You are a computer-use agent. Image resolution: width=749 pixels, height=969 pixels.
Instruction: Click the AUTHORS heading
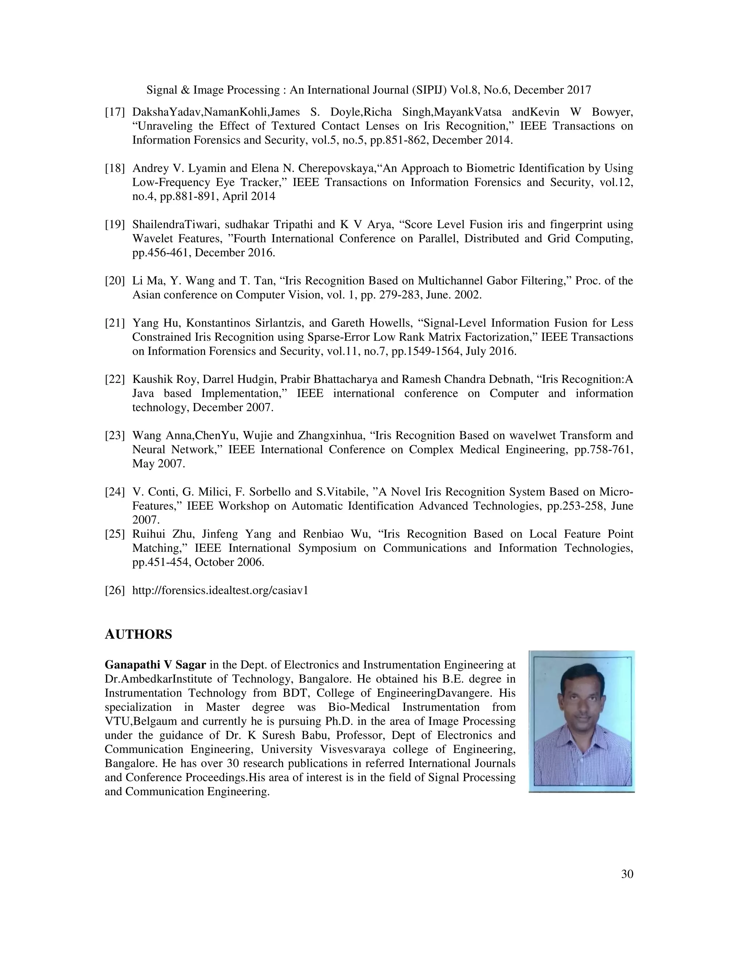pyautogui.click(x=138, y=634)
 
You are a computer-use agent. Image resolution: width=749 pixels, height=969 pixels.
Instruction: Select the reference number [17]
pyautogui.click(x=114, y=112)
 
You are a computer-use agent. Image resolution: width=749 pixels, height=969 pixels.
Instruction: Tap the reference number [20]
pyautogui.click(x=114, y=281)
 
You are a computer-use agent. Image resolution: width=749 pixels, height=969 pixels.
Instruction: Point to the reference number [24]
pyautogui.click(x=114, y=492)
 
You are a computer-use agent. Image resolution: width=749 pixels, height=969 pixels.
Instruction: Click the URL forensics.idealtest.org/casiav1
pyautogui.click(x=220, y=591)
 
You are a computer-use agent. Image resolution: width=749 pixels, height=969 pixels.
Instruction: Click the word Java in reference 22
pyautogui.click(x=143, y=393)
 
